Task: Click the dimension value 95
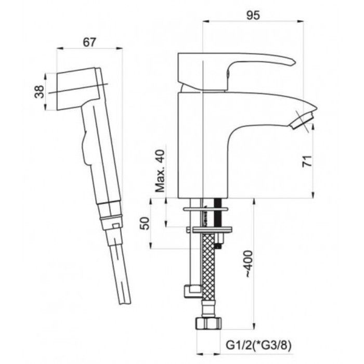[253, 15]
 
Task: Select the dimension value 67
[89, 42]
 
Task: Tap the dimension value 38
[39, 92]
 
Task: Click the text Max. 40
[160, 171]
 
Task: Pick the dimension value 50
[145, 223]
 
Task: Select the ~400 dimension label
[249, 264]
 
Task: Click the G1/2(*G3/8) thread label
[258, 346]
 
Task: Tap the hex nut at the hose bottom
[209, 323]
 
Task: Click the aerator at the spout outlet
[302, 120]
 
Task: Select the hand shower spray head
[79, 88]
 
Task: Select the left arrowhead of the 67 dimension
[60, 48]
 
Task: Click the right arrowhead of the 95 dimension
[301, 21]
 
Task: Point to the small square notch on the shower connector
[116, 225]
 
